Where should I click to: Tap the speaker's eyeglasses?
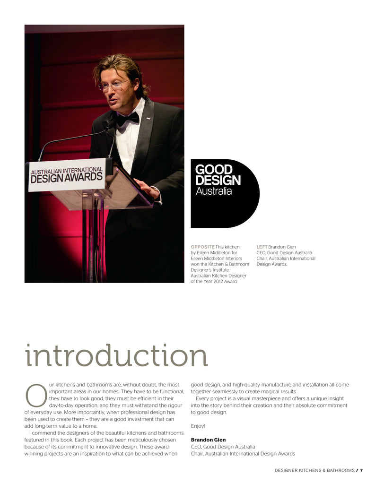pyautogui.click(x=114, y=86)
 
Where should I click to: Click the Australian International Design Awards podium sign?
pyautogui.click(x=67, y=174)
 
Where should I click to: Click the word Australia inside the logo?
pyautogui.click(x=214, y=191)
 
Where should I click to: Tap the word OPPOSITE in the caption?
pyautogui.click(x=202, y=247)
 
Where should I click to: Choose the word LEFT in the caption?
pyautogui.click(x=262, y=247)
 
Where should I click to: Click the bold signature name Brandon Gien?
pyautogui.click(x=208, y=440)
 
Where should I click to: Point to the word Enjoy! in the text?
pyautogui.click(x=198, y=426)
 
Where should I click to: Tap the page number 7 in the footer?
pyautogui.click(x=361, y=470)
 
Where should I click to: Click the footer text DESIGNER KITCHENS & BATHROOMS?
pyautogui.click(x=314, y=470)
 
